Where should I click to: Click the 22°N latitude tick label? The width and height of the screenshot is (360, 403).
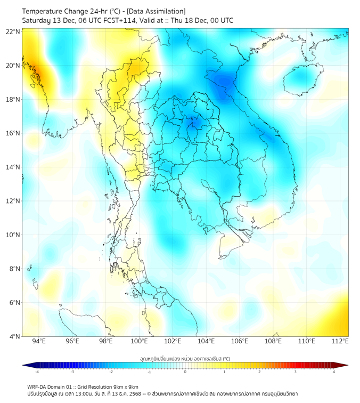pos(13,31)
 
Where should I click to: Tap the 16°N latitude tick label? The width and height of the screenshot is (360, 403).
pos(13,133)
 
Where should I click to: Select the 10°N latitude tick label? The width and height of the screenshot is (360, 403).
pos(13,235)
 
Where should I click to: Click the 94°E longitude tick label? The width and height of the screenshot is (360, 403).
pos(39,341)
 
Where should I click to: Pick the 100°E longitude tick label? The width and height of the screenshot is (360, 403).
pos(139,341)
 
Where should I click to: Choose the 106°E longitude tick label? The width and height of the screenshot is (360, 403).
pos(240,341)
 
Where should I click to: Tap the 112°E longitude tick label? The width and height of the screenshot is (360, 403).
pos(340,341)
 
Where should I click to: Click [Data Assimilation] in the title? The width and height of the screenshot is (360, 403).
pos(159,11)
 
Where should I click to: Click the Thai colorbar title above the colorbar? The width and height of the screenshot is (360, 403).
pos(185,359)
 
